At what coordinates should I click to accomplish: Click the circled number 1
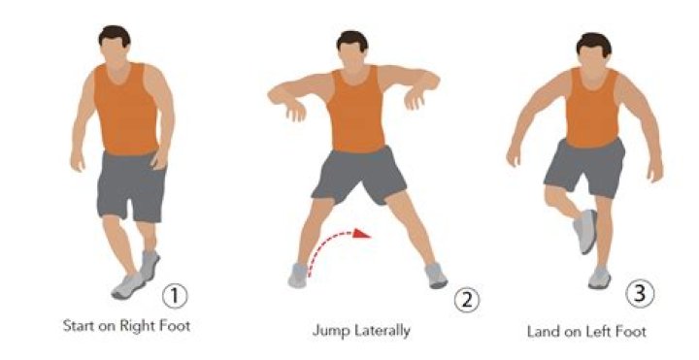175,296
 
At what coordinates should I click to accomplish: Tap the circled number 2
467,300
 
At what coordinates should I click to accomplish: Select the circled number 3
640,294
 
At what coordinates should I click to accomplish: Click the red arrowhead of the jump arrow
361,234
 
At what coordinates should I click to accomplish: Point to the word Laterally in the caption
383,331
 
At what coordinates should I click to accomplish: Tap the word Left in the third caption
597,332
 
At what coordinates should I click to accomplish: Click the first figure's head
115,45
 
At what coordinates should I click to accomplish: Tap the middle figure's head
352,49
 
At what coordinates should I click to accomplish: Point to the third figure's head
593,51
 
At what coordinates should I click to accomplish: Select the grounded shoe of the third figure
600,278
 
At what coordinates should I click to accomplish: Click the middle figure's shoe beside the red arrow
298,276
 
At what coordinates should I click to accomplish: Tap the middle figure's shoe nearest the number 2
436,276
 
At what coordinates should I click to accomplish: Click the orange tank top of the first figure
125,109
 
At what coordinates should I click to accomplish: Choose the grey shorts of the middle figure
359,176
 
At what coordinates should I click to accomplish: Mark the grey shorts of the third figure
584,168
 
